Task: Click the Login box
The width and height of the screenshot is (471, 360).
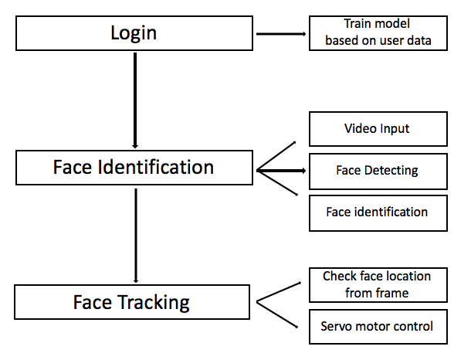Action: pos(134,32)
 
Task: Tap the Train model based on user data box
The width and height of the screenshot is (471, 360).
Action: pos(378,33)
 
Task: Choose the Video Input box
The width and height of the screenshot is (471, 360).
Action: pos(378,128)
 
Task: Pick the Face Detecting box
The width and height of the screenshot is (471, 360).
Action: pos(378,171)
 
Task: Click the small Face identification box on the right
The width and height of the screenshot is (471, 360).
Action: pos(378,212)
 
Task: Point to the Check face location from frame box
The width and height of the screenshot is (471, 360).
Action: pos(378,284)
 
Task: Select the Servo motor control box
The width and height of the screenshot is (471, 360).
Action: pos(378,326)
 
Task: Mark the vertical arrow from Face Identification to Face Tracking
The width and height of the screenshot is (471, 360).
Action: pos(136,236)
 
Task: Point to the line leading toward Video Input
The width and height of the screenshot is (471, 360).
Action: pos(276,155)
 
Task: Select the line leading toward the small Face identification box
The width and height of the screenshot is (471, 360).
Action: pos(276,185)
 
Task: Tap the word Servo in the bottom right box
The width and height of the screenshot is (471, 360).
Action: pos(337,326)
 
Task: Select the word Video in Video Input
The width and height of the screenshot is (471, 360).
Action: pos(359,128)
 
